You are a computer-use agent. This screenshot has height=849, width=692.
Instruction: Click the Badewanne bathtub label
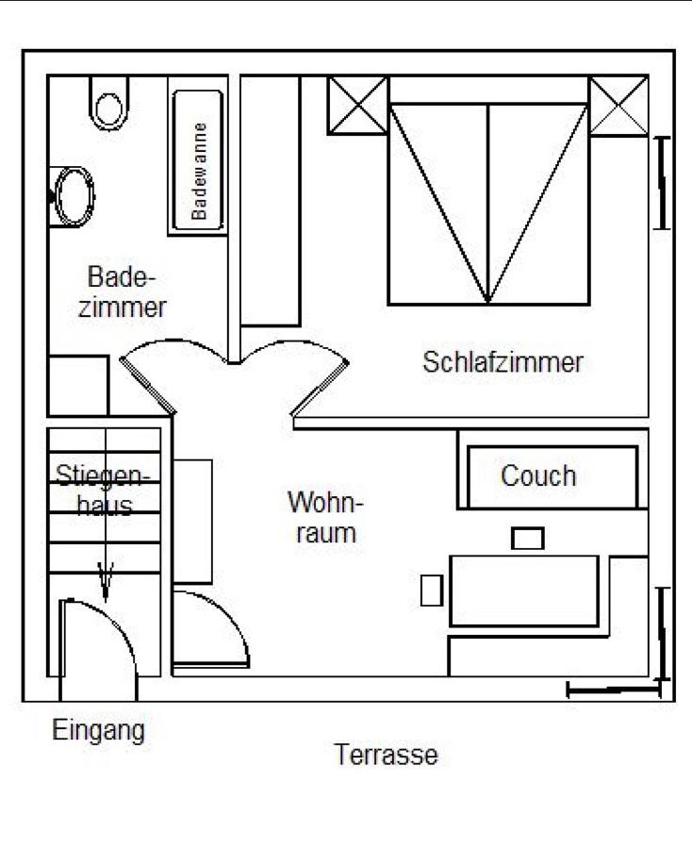pyautogui.click(x=199, y=171)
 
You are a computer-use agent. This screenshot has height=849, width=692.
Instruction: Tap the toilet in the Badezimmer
pyautogui.click(x=108, y=104)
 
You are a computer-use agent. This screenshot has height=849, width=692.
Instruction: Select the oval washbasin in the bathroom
pyautogui.click(x=73, y=196)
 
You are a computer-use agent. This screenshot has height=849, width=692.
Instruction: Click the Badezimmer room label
pyautogui.click(x=123, y=291)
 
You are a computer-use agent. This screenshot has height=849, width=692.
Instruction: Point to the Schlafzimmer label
pyautogui.click(x=503, y=362)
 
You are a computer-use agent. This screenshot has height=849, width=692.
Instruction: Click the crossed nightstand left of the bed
pyautogui.click(x=358, y=106)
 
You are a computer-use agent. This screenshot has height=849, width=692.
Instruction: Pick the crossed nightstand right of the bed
pyautogui.click(x=618, y=106)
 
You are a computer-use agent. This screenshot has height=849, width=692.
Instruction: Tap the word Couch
pyautogui.click(x=538, y=476)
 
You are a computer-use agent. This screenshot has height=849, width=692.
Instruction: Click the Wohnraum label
pyautogui.click(x=325, y=517)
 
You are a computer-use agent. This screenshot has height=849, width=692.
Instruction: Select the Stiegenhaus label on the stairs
pyautogui.click(x=103, y=490)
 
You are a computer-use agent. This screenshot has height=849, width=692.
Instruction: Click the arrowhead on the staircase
pyautogui.click(x=105, y=581)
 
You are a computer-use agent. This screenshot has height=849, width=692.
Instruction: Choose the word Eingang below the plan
pyautogui.click(x=98, y=731)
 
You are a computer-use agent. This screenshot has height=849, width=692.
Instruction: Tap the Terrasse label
pyautogui.click(x=386, y=755)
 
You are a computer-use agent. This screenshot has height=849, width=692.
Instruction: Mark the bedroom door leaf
pyautogui.click(x=320, y=388)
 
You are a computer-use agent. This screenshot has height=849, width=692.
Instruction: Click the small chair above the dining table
pyautogui.click(x=528, y=539)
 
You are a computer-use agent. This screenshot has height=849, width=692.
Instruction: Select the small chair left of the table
pyautogui.click(x=432, y=591)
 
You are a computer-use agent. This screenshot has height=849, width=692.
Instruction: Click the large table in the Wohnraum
pyautogui.click(x=524, y=591)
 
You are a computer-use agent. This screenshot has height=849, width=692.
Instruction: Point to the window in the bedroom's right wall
pyautogui.click(x=662, y=183)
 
